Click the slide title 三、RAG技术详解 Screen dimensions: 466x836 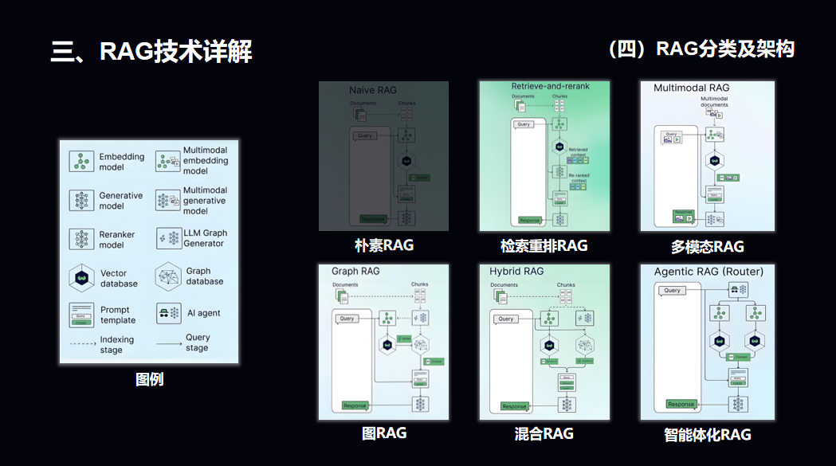click(151, 52)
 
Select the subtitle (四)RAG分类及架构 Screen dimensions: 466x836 click(701, 49)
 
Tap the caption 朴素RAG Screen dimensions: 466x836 click(384, 245)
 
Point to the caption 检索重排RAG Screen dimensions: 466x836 click(544, 245)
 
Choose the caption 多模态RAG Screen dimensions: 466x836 click(707, 246)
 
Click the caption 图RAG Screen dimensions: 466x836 click(384, 433)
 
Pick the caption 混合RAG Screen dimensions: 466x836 click(544, 433)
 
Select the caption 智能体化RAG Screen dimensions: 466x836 click(707, 434)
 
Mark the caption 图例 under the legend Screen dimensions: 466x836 click(149, 379)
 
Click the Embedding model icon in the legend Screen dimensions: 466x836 click(80, 162)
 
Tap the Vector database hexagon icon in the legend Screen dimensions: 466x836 click(80, 278)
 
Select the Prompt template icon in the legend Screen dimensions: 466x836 click(81, 315)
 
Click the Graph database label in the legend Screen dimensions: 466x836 click(205, 276)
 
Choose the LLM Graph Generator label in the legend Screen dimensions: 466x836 click(205, 238)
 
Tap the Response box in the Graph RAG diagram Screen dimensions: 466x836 click(355, 405)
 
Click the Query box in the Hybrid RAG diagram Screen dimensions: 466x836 click(506, 319)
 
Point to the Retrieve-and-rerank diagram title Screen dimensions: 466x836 click(550, 85)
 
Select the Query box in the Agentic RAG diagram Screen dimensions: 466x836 click(672, 290)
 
